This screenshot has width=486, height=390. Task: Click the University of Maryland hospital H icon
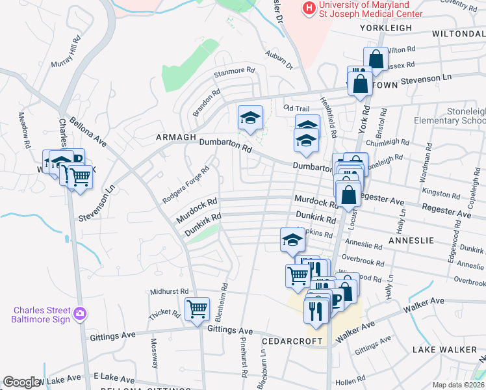pos(309,8)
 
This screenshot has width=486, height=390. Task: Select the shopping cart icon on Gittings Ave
pos(197,309)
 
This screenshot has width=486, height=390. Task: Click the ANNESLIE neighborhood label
pos(411,240)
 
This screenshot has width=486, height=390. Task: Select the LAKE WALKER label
pos(445,350)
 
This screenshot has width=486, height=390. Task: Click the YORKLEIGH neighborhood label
pos(384,28)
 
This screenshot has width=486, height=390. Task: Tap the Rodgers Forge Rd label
pos(186,184)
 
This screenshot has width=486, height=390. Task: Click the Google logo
pos(22,382)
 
